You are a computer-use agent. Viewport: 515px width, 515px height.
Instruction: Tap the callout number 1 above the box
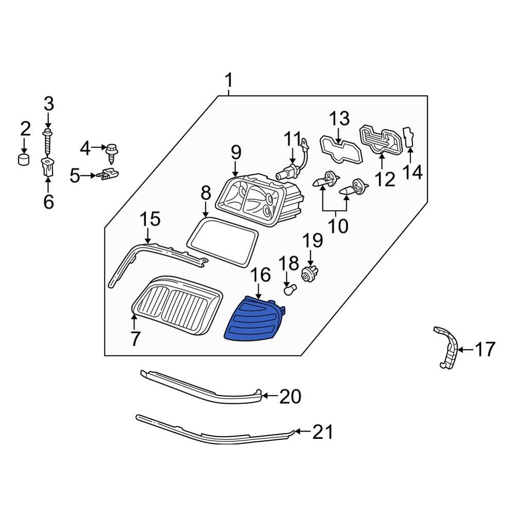point(228,81)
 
